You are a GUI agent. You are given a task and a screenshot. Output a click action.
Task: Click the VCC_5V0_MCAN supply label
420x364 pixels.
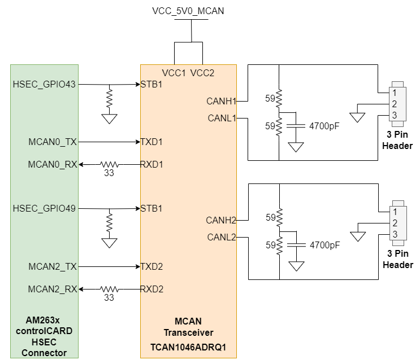tap(188, 11)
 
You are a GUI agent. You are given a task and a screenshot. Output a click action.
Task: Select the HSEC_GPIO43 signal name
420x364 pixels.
tap(44, 85)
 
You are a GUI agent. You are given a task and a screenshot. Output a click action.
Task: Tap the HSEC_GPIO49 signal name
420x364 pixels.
tap(44, 209)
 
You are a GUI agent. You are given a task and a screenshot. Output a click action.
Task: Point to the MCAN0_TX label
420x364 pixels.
tap(52, 142)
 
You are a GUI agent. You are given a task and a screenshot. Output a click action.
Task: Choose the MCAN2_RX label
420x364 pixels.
tap(52, 290)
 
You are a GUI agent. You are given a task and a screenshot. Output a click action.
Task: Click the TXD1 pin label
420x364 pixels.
tap(152, 142)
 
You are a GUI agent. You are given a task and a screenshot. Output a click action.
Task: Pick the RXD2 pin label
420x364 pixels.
tap(152, 290)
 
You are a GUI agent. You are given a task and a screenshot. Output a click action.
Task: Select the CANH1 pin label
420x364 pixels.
tap(220, 102)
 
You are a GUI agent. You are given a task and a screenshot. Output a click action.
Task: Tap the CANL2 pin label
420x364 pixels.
tap(220, 237)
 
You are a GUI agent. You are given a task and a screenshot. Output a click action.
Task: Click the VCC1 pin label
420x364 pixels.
tap(174, 73)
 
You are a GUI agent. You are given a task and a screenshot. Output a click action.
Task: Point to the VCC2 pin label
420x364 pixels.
tap(202, 73)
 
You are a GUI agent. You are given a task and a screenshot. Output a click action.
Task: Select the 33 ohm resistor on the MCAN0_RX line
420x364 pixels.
tap(109, 165)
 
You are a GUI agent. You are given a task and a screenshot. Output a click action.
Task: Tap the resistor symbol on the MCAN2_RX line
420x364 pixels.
tap(109, 290)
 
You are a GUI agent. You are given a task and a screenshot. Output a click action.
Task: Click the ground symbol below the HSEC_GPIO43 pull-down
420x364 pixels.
tap(109, 119)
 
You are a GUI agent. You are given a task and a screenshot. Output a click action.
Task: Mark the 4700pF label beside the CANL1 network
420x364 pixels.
tap(324, 126)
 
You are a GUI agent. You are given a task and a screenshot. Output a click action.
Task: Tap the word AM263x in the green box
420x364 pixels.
tap(44, 321)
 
